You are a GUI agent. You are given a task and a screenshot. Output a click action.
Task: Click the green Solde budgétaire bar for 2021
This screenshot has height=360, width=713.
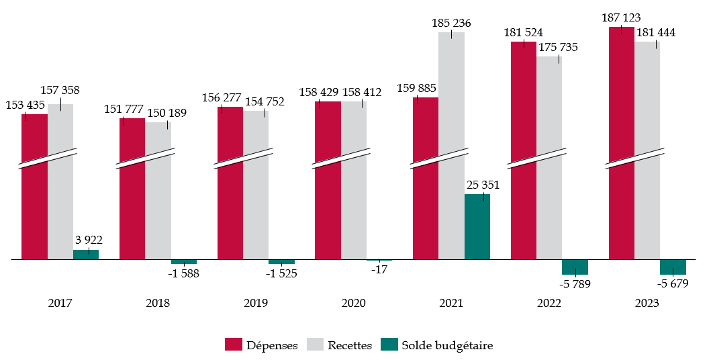tap(477, 226)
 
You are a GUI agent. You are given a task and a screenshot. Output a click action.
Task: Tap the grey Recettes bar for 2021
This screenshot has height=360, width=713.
tap(451, 145)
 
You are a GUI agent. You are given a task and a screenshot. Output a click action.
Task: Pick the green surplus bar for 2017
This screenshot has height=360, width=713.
tap(86, 254)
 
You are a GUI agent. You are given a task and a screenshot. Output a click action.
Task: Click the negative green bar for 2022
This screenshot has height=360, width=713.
tap(575, 267)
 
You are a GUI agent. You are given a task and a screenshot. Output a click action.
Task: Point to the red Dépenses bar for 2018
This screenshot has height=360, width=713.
tap(132, 188)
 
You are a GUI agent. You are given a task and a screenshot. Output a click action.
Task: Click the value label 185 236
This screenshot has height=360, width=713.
tap(451, 24)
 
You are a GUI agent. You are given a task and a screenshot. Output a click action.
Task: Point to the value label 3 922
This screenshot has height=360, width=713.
tap(89, 240)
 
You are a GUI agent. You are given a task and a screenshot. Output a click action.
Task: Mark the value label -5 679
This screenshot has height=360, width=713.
tap(673, 284)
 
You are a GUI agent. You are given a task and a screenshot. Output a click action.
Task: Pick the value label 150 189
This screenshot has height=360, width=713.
tap(167, 114)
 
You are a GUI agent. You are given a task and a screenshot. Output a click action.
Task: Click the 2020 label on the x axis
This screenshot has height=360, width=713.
tap(353, 304)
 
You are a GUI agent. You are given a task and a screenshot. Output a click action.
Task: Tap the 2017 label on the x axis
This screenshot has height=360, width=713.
tap(60, 304)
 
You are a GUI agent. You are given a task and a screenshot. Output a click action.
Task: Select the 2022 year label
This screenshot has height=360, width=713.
tap(549, 304)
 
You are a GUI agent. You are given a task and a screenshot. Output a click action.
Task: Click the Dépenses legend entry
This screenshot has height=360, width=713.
tap(262, 345)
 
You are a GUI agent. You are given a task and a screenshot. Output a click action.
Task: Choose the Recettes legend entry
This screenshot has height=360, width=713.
tap(340, 345)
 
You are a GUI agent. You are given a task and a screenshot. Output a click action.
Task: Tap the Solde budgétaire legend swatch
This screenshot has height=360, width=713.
tap(389, 345)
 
